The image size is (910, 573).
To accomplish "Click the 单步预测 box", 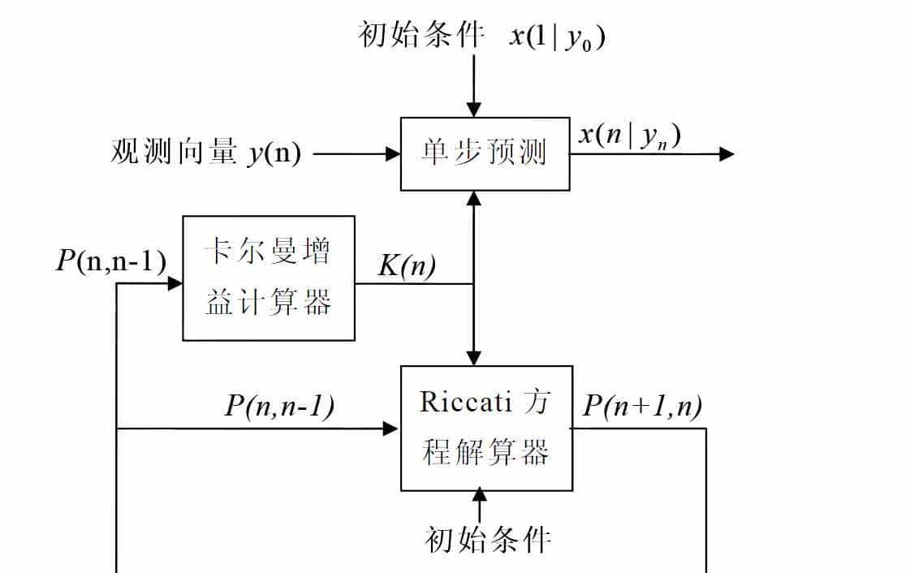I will pos(485,154).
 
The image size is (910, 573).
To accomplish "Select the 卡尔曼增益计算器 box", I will pos(268,278).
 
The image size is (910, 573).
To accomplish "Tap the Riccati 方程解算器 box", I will pos(485,429).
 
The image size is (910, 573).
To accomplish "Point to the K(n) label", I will pos(407,266).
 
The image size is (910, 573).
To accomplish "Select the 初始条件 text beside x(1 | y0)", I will pos(421,36).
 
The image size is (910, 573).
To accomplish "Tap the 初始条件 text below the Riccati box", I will pos(488,539).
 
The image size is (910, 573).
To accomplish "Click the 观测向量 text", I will pos(174,153).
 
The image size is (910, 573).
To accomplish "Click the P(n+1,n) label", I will pos(642,405).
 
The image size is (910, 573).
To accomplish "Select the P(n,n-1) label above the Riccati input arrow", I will pos(279,406).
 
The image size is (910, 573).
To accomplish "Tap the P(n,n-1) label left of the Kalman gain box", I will pos(111,261).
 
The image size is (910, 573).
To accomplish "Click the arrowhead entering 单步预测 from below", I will pos(474,199).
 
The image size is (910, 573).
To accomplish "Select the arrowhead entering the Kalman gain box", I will pos(175,283).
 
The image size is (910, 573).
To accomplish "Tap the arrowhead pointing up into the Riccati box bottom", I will pos(479,494).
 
